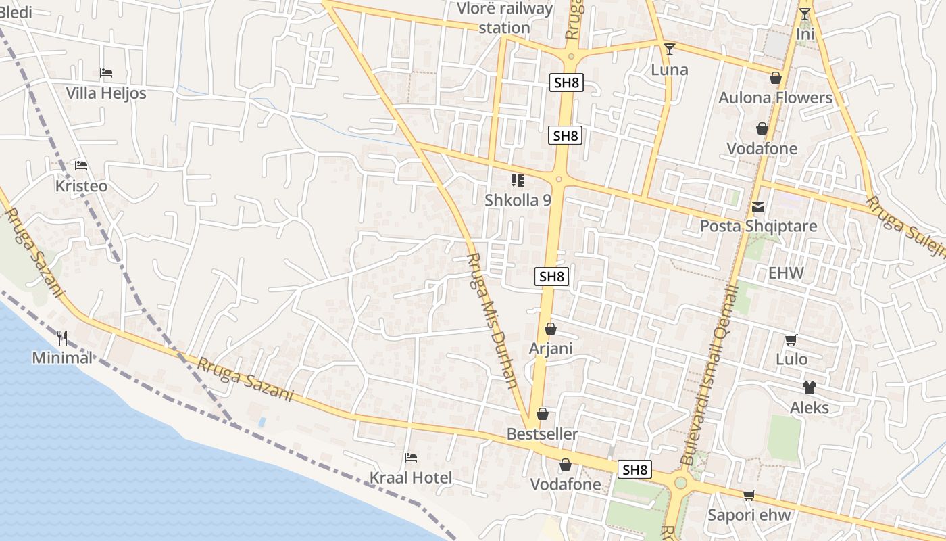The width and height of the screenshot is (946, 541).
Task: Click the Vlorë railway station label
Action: click(x=505, y=18)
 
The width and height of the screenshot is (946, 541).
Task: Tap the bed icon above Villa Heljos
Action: click(x=105, y=72)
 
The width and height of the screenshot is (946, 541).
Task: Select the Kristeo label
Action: click(x=81, y=186)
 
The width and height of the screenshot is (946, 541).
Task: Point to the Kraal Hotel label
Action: click(x=410, y=478)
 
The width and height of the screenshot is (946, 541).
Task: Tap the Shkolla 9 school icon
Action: click(x=518, y=181)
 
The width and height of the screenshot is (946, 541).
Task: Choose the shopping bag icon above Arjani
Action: click(x=551, y=329)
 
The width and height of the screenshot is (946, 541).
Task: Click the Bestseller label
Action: click(x=543, y=434)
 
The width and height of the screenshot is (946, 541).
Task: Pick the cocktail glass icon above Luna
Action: click(x=670, y=49)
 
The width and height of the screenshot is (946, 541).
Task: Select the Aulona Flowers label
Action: click(x=775, y=97)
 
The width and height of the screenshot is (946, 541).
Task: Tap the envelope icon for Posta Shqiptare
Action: click(x=758, y=207)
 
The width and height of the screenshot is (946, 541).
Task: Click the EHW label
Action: click(x=786, y=273)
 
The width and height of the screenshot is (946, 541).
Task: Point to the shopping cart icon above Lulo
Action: click(x=791, y=340)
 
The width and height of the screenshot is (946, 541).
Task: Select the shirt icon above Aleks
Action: click(x=809, y=387)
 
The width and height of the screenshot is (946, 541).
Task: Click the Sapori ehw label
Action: click(x=749, y=515)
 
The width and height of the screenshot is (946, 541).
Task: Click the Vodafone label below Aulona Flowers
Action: click(x=762, y=149)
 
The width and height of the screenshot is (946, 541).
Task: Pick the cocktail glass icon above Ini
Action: click(x=804, y=14)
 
